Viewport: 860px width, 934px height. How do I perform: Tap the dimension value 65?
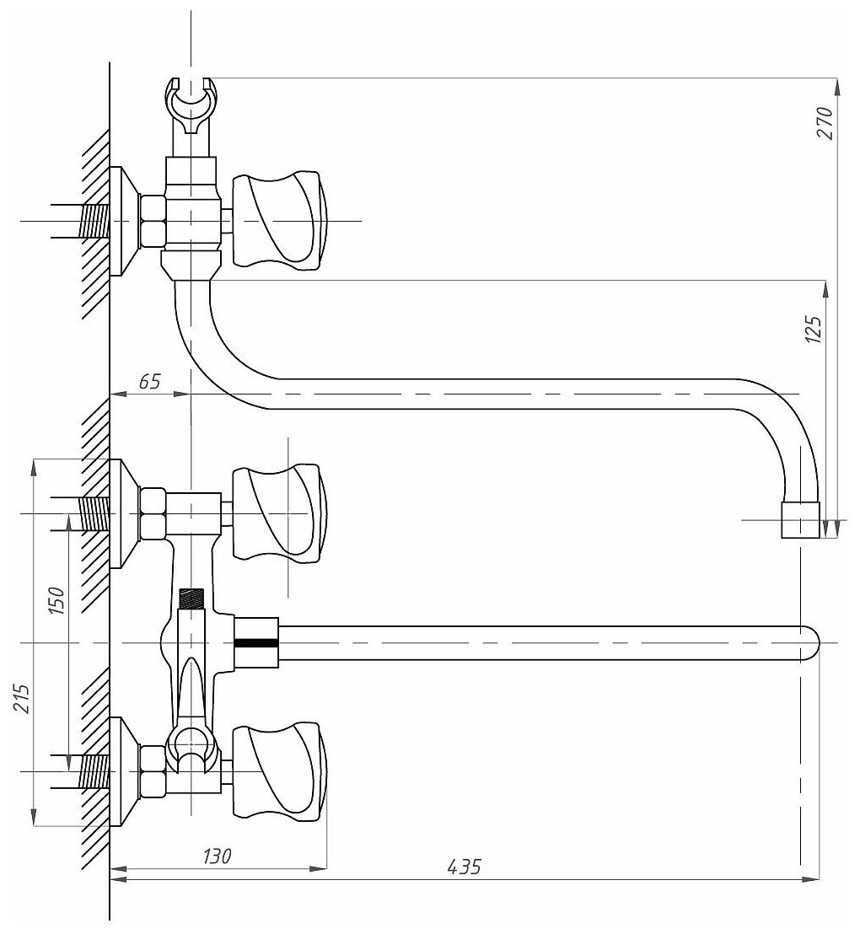[149, 381]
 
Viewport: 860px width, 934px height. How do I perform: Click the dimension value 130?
[217, 856]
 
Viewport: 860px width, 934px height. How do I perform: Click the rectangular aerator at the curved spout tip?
[801, 520]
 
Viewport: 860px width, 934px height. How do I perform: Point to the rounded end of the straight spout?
[808, 643]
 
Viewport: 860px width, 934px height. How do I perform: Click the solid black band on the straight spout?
[255, 642]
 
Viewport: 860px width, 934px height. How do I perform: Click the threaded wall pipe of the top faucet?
[94, 222]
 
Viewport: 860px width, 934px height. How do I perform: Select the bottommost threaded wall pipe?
[94, 771]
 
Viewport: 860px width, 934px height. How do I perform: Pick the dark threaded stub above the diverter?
[193, 599]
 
